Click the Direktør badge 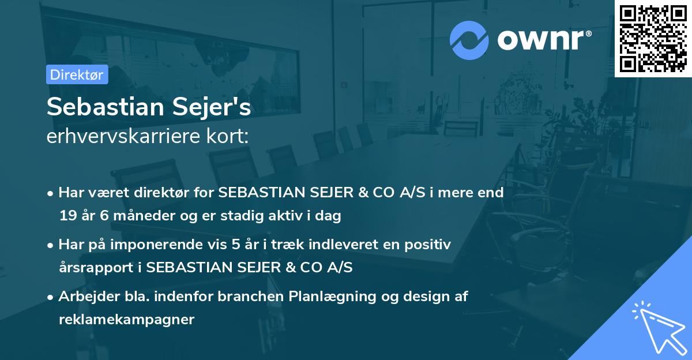coord(77,74)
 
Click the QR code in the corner coord(653,39)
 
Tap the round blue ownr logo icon coord(469,40)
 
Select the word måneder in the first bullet coord(136,216)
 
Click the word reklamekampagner coord(126,320)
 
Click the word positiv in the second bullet coord(430,245)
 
